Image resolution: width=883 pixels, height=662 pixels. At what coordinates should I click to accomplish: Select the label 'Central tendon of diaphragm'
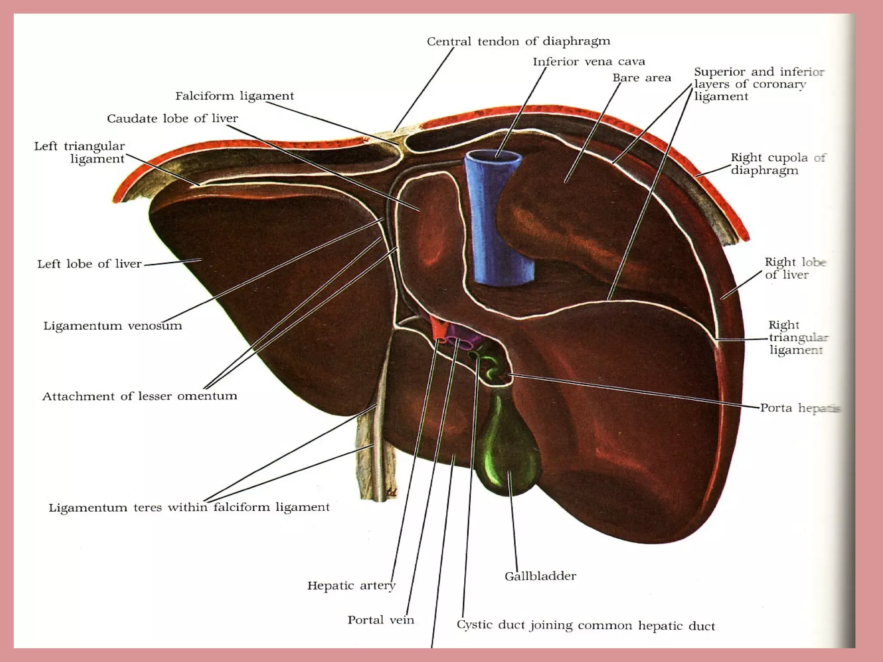pos(518,41)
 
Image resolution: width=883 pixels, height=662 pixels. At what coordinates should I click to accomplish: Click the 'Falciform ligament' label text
pos(235,96)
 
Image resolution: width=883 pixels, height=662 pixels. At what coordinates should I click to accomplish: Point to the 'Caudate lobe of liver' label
pos(172,119)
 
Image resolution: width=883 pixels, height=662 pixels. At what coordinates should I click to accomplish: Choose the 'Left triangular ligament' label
pos(80,153)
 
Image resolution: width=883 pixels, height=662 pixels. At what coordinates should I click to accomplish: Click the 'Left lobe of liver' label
pos(89,264)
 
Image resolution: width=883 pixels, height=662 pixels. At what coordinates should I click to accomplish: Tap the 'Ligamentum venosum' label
pos(113,326)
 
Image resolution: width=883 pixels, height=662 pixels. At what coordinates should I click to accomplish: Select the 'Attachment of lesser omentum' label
pos(139,396)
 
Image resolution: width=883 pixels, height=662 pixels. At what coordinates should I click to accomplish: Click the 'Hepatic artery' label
pos(351,585)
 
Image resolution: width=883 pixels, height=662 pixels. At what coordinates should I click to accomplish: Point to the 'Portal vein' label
pos(381,620)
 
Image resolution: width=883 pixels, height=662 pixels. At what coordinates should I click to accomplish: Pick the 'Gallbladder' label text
pos(540,576)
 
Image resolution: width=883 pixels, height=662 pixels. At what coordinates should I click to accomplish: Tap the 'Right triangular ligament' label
pos(798,337)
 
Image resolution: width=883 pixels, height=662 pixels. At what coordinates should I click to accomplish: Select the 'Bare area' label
pos(642,78)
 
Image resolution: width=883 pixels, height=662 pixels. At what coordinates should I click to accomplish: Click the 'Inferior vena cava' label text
pos(589,62)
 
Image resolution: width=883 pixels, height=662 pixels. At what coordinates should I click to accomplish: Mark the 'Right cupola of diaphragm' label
pos(777,164)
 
